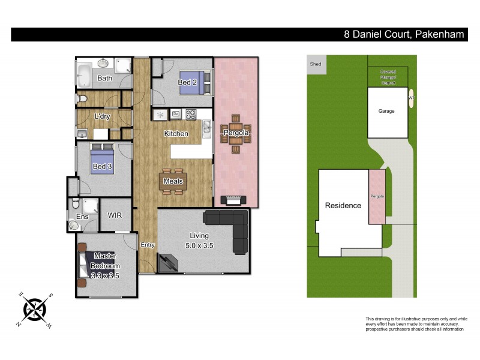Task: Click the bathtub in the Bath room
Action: tap(85, 77)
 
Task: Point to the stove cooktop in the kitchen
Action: tap(191, 113)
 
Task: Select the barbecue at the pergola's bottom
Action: tap(232, 199)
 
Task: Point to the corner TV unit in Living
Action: tap(167, 262)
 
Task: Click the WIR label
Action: tap(116, 215)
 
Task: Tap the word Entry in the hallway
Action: tap(147, 245)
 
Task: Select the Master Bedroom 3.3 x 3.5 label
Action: tap(105, 266)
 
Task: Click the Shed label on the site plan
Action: tap(315, 64)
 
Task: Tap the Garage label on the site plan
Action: tap(386, 111)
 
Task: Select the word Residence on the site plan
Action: tap(343, 205)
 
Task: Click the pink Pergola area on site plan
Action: tap(377, 197)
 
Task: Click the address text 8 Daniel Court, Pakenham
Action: tap(404, 34)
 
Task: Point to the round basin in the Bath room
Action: tap(103, 62)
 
